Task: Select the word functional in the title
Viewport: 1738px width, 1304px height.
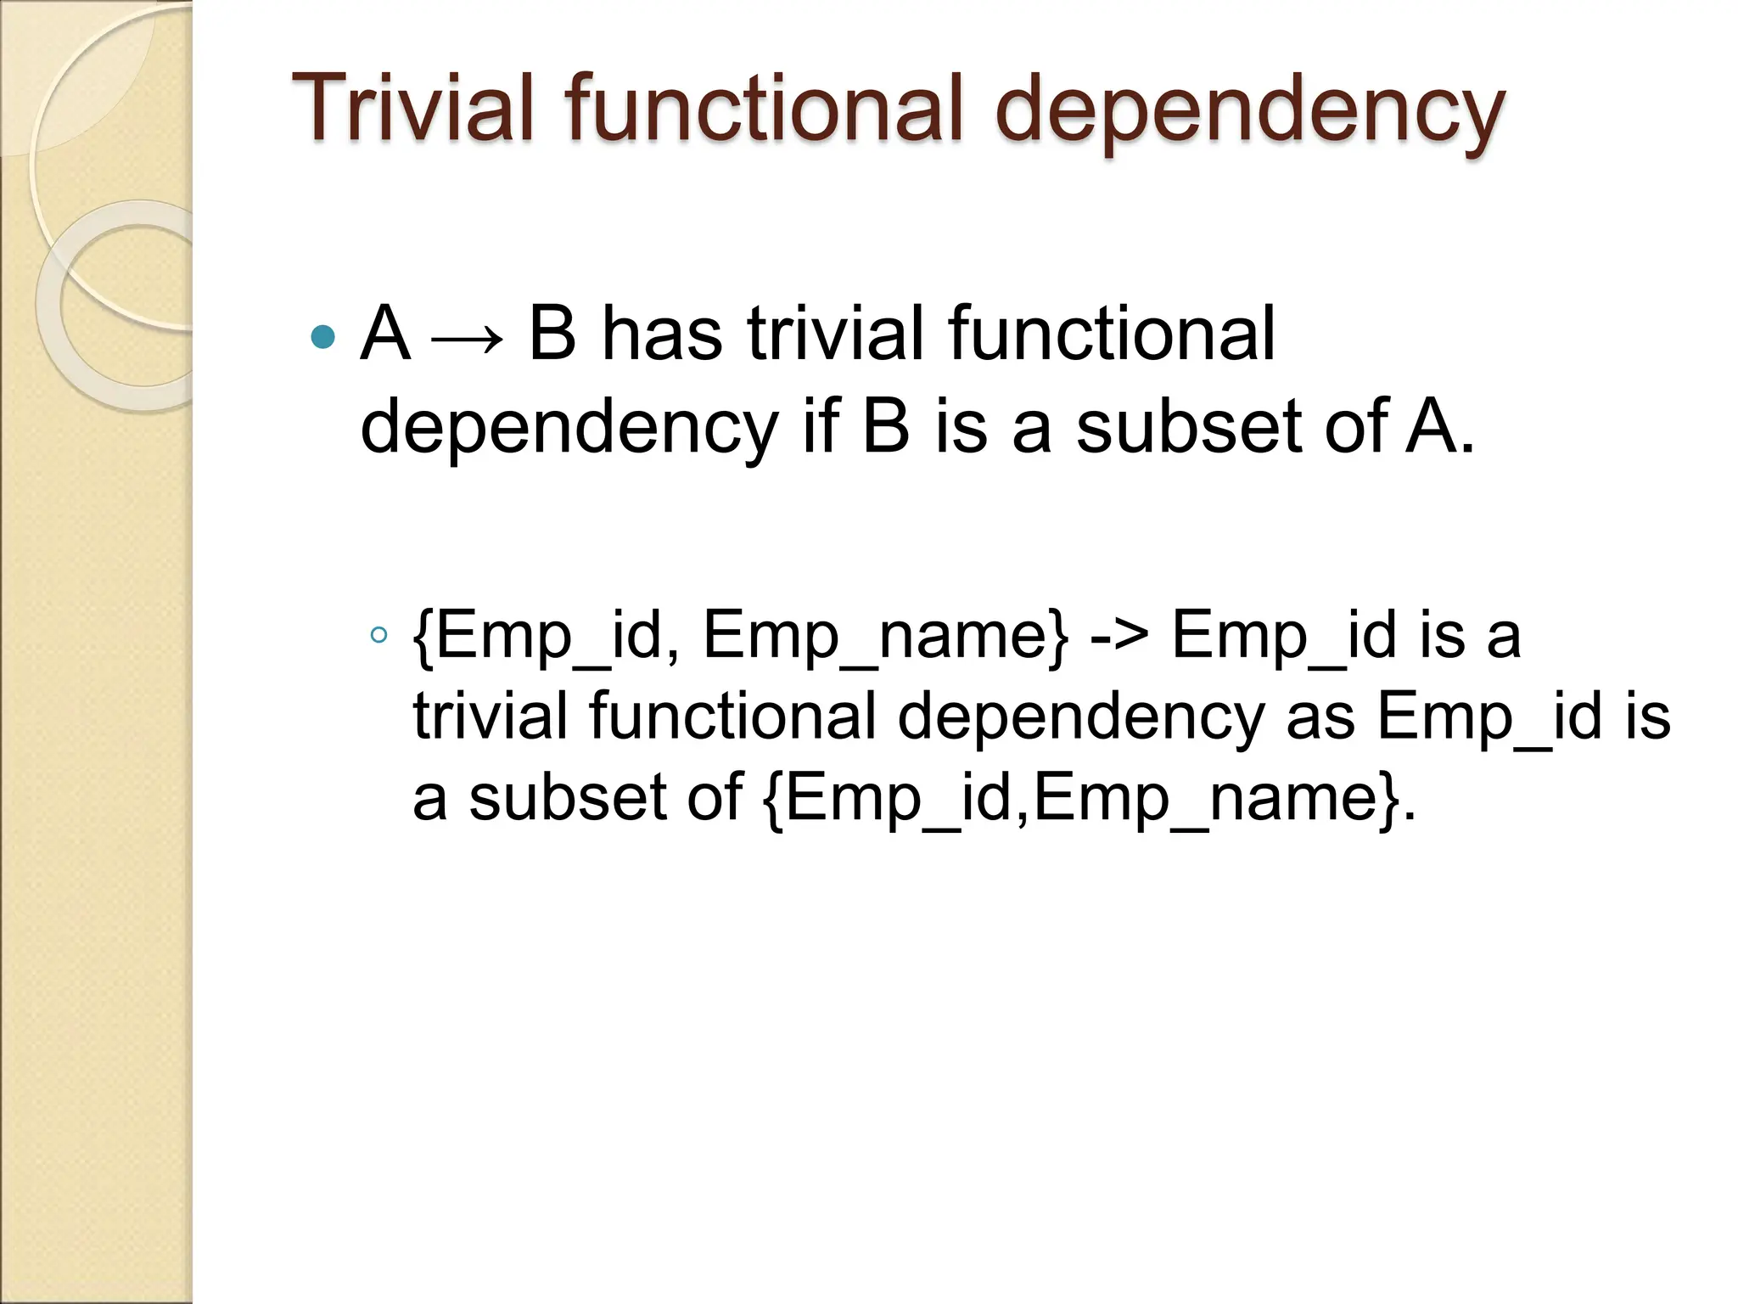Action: coord(764,109)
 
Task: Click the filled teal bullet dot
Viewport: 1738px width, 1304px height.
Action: coord(323,337)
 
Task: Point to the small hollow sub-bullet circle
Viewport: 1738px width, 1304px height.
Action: coord(379,634)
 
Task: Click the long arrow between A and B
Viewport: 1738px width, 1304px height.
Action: coord(468,339)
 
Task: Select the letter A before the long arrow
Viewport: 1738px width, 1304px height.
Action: coord(385,333)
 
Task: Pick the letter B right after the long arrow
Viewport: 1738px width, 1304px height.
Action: coord(552,333)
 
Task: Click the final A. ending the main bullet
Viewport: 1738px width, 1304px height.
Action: coord(1439,426)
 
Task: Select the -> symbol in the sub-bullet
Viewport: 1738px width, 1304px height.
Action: coord(1118,635)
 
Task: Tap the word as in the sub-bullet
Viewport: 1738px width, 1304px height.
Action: coord(1320,716)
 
